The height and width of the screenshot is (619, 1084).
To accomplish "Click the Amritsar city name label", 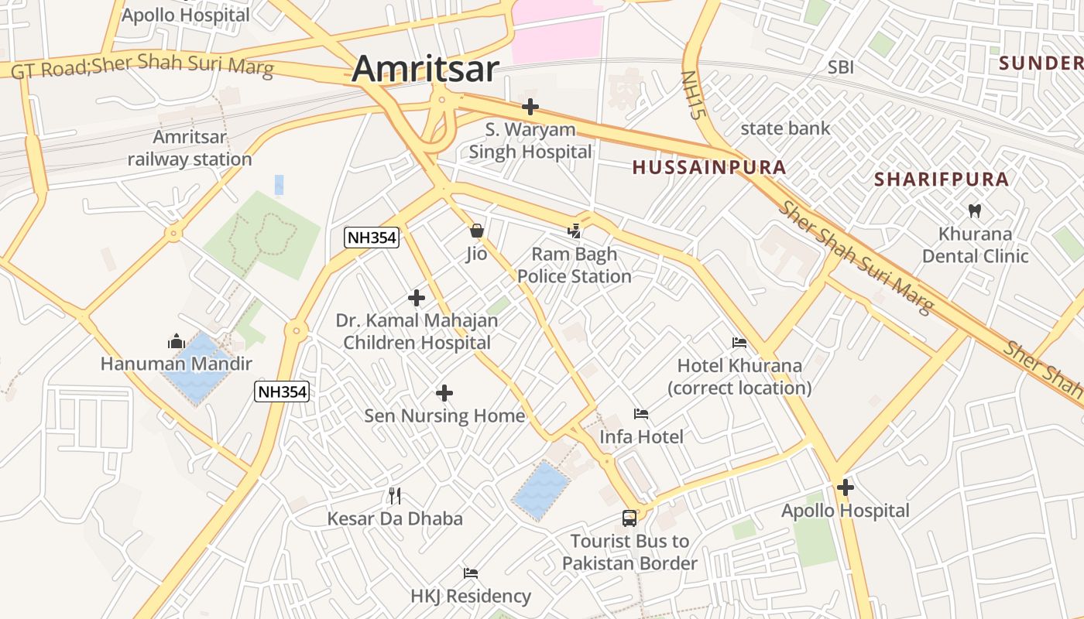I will (x=425, y=69).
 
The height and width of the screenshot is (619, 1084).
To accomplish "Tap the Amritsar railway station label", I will (x=190, y=149).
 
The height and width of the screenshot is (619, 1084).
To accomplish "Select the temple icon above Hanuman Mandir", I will (x=176, y=341).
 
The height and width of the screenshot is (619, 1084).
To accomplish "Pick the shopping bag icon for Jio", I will (x=476, y=231).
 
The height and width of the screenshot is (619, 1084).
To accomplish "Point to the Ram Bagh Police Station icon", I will (x=574, y=230).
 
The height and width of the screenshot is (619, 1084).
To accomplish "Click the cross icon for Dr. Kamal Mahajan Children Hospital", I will (x=417, y=297).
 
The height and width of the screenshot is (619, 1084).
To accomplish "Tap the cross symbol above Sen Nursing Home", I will (x=444, y=393).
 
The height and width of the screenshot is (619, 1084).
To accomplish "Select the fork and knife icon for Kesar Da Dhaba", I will (x=395, y=496).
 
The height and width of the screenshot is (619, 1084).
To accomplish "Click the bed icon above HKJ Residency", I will (x=471, y=573).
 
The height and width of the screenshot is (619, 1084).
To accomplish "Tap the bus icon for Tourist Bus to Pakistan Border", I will (x=629, y=518).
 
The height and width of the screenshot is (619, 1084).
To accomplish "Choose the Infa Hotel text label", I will (x=641, y=437).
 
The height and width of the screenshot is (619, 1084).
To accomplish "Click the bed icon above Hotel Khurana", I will (x=739, y=342).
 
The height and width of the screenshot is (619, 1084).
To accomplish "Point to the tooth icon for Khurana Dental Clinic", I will (x=974, y=210).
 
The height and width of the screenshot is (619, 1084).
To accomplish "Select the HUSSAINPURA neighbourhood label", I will (x=708, y=167).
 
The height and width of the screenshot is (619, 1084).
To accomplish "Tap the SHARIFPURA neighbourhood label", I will (x=941, y=180).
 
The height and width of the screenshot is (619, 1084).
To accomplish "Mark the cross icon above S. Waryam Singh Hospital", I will (x=530, y=107).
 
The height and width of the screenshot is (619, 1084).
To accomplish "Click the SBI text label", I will (x=841, y=67).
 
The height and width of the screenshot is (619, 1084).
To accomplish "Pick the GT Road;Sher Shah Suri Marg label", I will (x=142, y=67).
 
